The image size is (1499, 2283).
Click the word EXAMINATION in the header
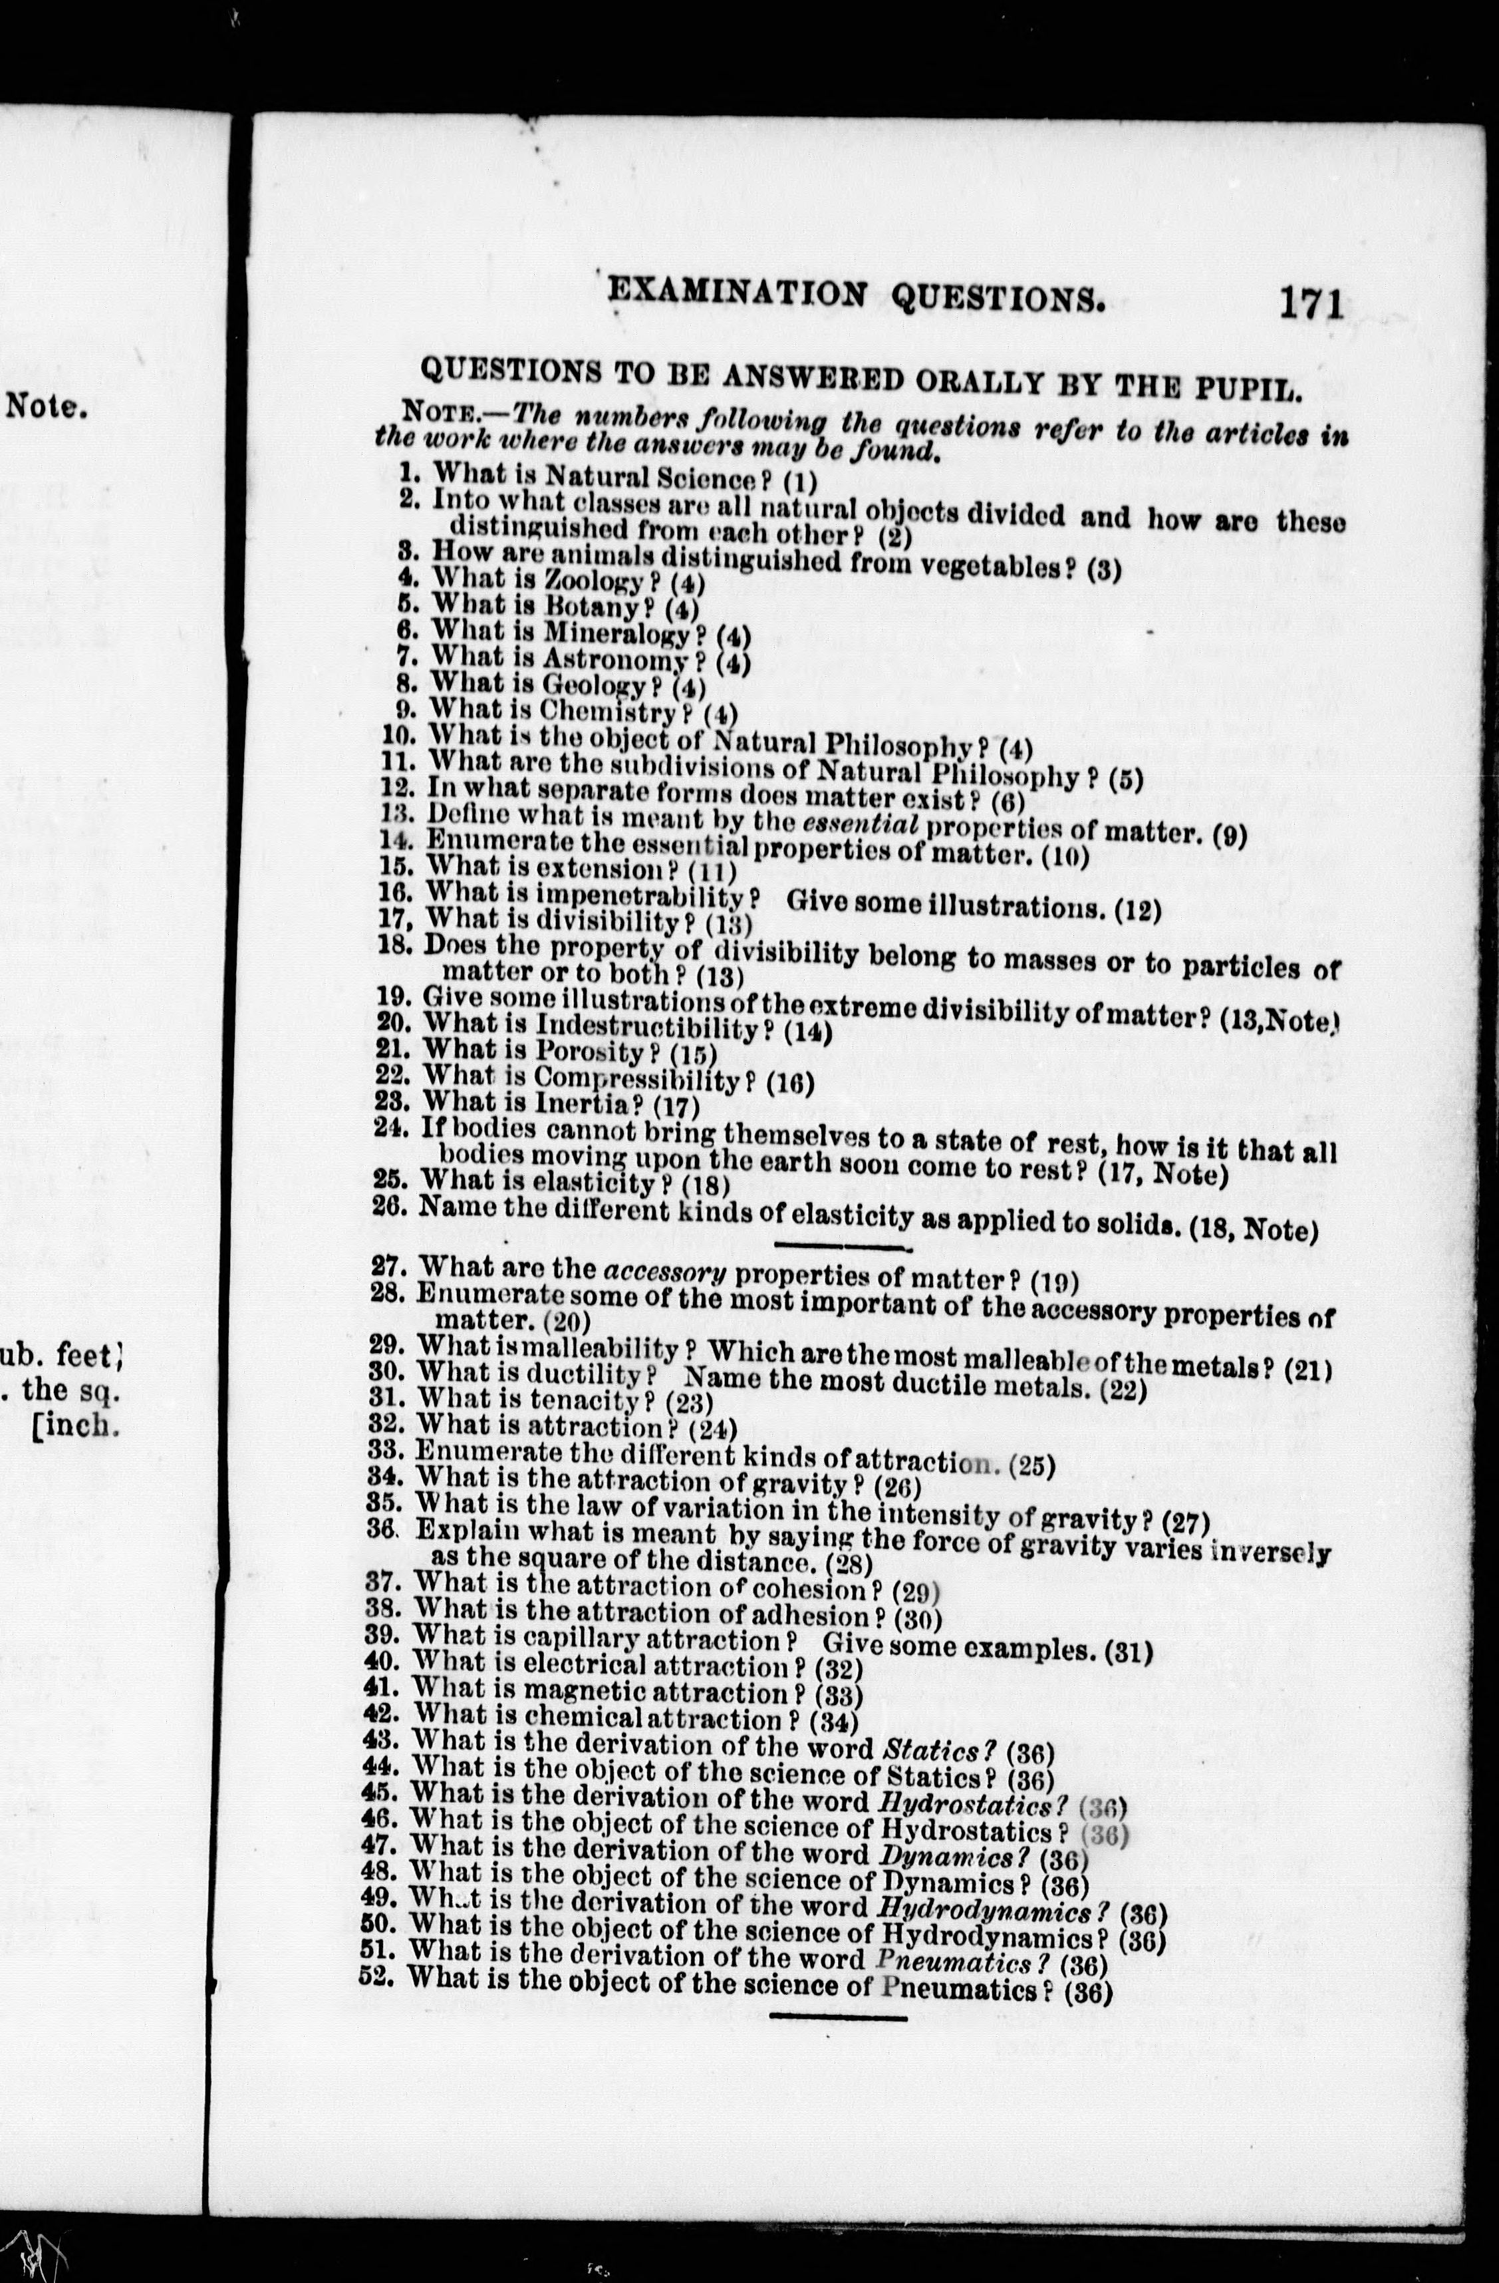click(x=738, y=293)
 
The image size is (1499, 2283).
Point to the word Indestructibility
click(x=647, y=1026)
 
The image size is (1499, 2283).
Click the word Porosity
click(x=588, y=1051)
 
